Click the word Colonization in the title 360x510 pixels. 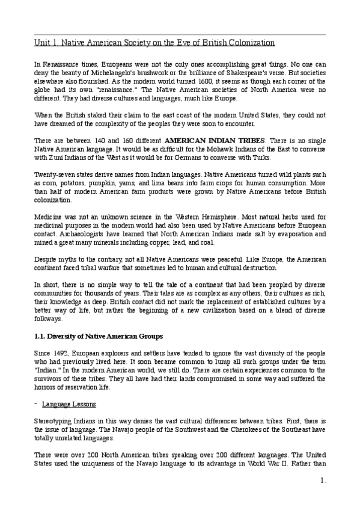[x=251, y=43]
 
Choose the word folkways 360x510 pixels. [x=48, y=320]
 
